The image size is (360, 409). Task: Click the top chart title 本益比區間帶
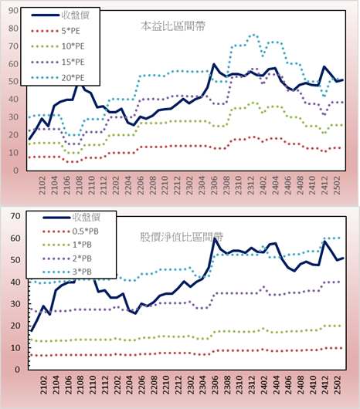(x=173, y=26)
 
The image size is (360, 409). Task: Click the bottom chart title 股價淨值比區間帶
(x=182, y=237)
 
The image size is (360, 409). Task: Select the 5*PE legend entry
(x=56, y=31)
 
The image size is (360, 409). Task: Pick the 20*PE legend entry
(x=58, y=78)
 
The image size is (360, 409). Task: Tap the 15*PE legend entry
(x=58, y=62)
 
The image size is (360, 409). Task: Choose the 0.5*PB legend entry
(x=70, y=232)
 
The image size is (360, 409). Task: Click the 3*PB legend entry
(x=67, y=272)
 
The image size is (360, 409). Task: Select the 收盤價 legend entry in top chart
(x=60, y=15)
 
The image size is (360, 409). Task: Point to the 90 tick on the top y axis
(x=13, y=11)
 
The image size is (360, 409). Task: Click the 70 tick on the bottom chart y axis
(x=15, y=216)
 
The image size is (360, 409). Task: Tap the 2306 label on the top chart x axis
(x=214, y=185)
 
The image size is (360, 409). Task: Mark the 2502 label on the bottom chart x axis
(x=338, y=385)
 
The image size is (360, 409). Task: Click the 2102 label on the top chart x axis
(x=42, y=185)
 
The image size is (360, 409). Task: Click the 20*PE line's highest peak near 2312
(x=253, y=35)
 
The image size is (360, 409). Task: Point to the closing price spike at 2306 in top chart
(x=214, y=64)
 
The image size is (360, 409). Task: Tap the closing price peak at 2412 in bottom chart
(x=324, y=242)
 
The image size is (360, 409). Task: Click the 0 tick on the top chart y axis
(x=15, y=171)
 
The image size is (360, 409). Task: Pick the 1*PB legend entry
(x=67, y=245)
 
